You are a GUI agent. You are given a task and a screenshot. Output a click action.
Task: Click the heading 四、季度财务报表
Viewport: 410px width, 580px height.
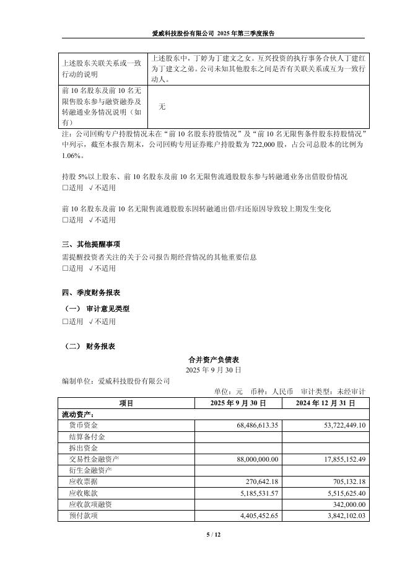tap(91, 292)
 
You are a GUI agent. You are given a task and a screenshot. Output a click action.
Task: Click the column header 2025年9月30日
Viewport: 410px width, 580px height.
tap(238, 403)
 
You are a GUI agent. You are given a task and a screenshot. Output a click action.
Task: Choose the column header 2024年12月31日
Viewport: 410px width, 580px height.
tap(326, 403)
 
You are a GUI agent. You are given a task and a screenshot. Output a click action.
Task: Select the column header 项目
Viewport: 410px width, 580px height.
tap(126, 403)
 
